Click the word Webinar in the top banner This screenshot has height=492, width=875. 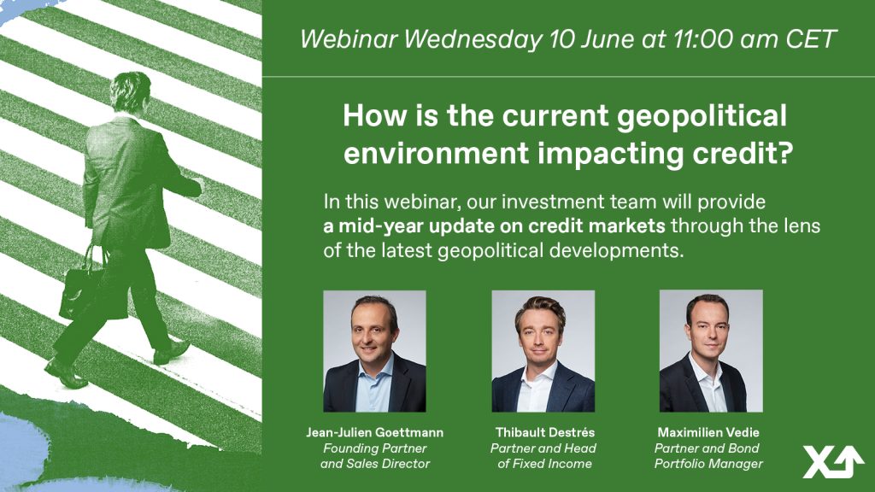coord(349,39)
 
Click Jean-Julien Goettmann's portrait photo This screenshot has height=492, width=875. coord(374,351)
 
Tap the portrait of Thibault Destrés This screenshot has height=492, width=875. coord(543,351)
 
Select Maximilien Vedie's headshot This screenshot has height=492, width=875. coord(711,351)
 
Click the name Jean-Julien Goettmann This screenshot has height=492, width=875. coord(374,432)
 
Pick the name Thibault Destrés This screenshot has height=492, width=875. coord(544,432)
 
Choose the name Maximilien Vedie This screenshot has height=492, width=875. coord(708,432)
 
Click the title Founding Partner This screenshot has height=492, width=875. coord(374,448)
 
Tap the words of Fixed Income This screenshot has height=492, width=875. coord(544,464)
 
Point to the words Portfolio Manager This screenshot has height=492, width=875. coord(708,464)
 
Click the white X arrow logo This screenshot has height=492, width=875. coord(832,462)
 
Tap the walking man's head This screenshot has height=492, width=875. coord(131,92)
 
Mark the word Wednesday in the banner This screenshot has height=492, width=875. coord(473,40)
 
